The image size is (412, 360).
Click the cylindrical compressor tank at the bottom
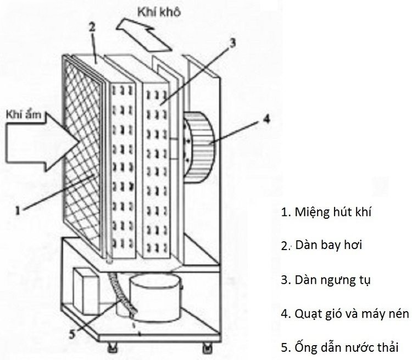156,299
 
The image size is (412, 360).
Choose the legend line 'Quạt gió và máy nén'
344,313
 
